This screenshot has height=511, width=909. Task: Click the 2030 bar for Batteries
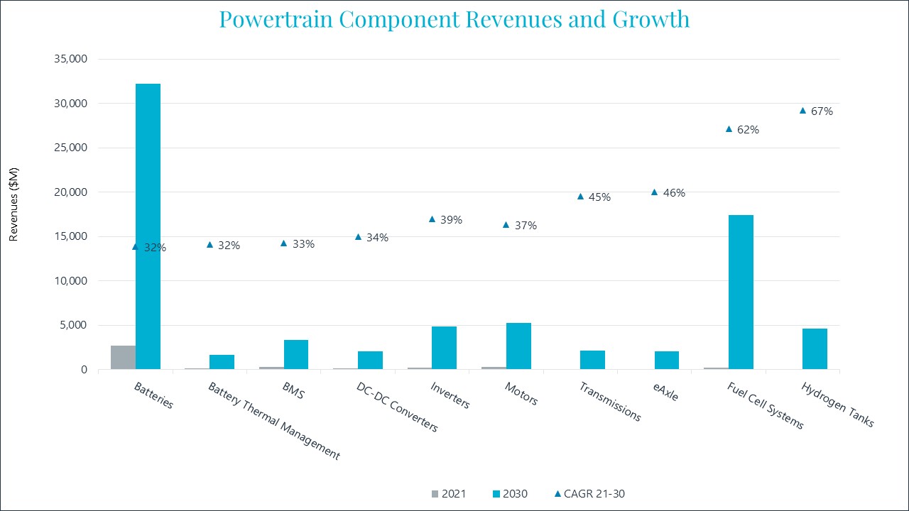click(x=148, y=226)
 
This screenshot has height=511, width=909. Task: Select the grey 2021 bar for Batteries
click(x=123, y=357)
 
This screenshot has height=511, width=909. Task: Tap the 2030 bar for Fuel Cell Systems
click(x=741, y=292)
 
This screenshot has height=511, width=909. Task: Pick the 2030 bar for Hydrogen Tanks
click(x=815, y=348)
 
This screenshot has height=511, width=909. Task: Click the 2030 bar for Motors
click(x=518, y=346)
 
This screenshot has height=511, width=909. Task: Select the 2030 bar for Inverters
click(x=444, y=348)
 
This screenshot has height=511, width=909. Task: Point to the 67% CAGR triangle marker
click(x=802, y=111)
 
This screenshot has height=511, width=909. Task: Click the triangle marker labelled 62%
click(x=729, y=129)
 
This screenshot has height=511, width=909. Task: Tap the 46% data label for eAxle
click(x=674, y=193)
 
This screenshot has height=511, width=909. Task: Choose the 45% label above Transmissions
click(x=599, y=197)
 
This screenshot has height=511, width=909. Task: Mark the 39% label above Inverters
click(x=451, y=220)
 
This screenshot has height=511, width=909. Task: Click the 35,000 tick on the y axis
click(x=70, y=59)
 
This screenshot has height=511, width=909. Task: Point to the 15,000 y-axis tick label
click(x=70, y=236)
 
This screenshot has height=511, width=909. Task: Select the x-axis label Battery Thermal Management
click(x=273, y=421)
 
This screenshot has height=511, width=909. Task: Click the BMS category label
click(x=292, y=390)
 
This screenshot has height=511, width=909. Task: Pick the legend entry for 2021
click(x=447, y=494)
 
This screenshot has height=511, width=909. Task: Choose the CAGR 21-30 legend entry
click(x=589, y=494)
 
